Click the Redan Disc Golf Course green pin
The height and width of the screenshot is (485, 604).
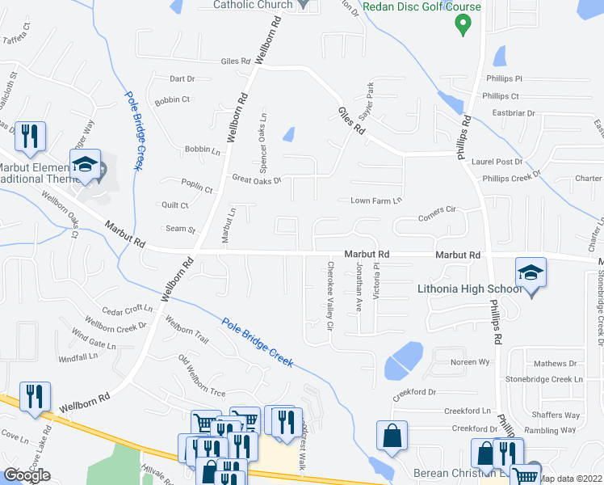463,24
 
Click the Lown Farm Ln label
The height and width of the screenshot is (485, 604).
375,200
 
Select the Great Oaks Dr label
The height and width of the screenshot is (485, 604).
256,180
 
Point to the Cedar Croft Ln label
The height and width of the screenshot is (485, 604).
127,309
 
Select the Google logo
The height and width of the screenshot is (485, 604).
27,475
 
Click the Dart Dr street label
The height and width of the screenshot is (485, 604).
182,79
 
